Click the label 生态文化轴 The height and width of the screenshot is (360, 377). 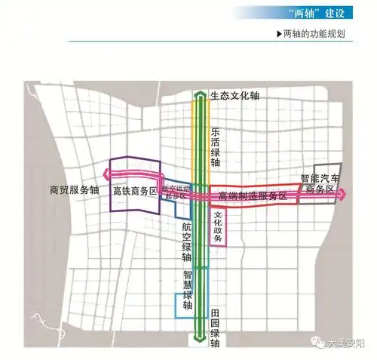click(x=234, y=96)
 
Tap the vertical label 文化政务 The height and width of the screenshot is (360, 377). click(x=217, y=226)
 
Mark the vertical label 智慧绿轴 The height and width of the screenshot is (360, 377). click(x=188, y=290)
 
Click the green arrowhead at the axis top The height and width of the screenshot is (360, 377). click(x=199, y=95)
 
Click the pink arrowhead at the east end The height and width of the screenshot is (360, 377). click(x=345, y=194)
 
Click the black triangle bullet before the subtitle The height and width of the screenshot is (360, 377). click(x=280, y=35)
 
